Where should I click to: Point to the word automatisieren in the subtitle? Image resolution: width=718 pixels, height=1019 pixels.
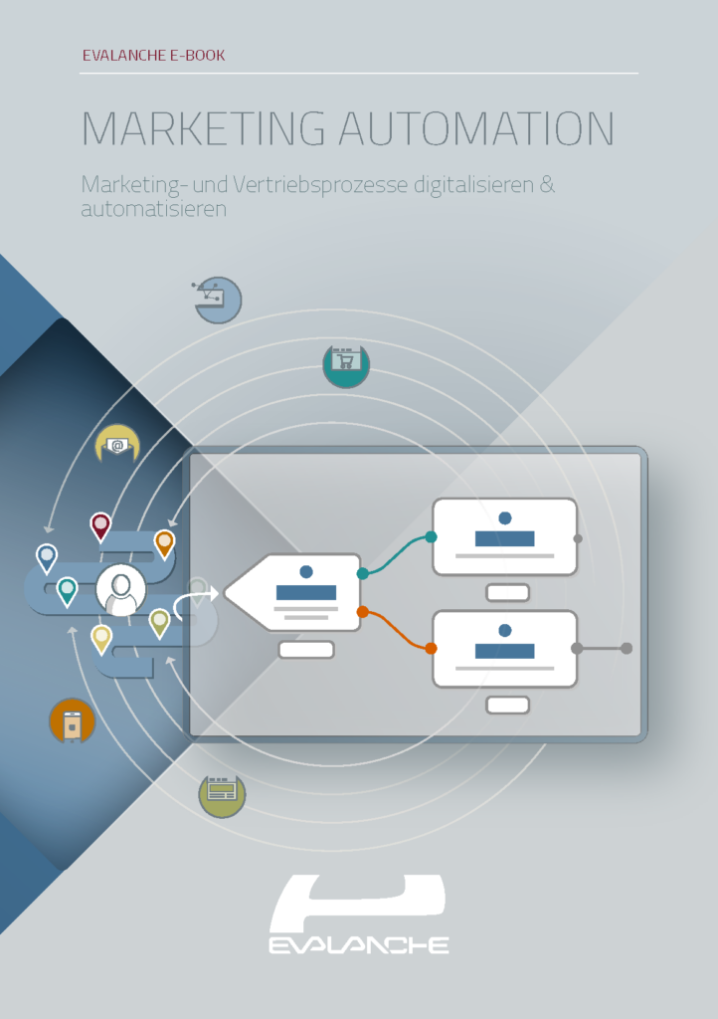pyautogui.click(x=154, y=210)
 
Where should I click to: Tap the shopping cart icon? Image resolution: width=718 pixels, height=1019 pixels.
pyautogui.click(x=346, y=364)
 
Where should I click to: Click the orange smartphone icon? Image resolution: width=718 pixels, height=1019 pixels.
pyautogui.click(x=72, y=722)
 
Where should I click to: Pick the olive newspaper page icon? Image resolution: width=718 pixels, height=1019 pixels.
pyautogui.click(x=222, y=793)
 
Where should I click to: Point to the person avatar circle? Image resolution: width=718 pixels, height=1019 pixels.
pyautogui.click(x=121, y=592)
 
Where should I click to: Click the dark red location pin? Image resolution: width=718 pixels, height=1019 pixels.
pyautogui.click(x=100, y=525)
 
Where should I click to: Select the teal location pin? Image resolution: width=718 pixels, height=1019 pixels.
pyautogui.click(x=67, y=591)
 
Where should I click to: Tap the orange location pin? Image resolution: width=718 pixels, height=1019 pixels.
pyautogui.click(x=164, y=542)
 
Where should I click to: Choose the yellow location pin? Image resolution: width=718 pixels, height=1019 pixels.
pyautogui.click(x=101, y=638)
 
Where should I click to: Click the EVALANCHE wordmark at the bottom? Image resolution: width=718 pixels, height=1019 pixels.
pyautogui.click(x=358, y=944)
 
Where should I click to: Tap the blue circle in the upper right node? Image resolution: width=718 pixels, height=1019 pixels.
pyautogui.click(x=505, y=517)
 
